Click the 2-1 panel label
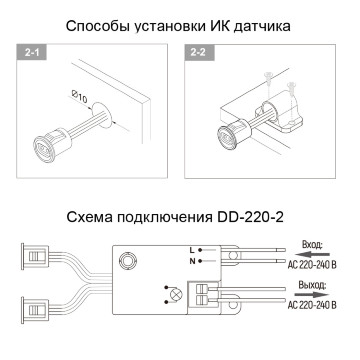tap(31, 52)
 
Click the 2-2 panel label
tap(199, 52)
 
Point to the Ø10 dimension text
tap(80, 98)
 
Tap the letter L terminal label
tap(192, 250)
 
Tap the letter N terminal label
tap(192, 261)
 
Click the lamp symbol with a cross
tap(174, 294)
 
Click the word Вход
tap(312, 245)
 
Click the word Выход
tap(311, 285)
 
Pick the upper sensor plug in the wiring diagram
tap(35, 256)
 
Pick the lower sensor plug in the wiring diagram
tap(35, 310)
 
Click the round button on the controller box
tap(127, 260)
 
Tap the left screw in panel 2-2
tap(268, 79)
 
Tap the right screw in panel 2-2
tap(291, 87)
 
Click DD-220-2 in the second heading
tap(250, 217)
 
